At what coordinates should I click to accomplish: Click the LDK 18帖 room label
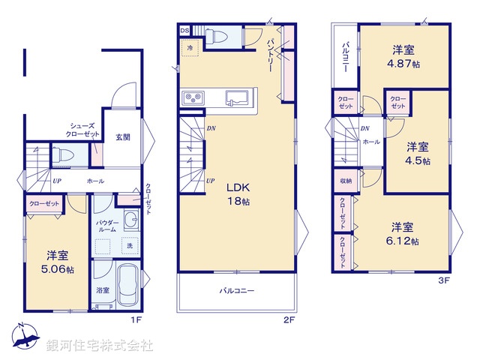(238, 194)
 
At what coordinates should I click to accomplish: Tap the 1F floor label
(136, 320)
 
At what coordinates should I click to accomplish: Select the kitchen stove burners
(192, 97)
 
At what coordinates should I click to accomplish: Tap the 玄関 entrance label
(122, 137)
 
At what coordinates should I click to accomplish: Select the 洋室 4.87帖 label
(403, 56)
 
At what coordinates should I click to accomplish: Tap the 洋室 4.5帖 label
(418, 153)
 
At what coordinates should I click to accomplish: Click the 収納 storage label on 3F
(345, 181)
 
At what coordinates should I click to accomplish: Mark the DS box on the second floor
(184, 30)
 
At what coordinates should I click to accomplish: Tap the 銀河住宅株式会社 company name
(100, 346)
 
